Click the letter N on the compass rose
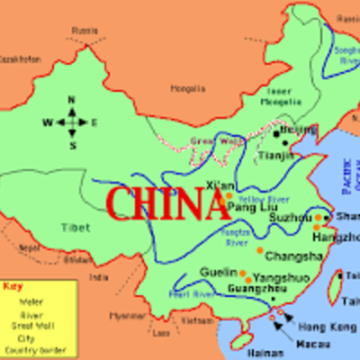[72, 101]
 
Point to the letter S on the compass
[73, 144]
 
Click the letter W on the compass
[48, 122]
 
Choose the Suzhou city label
[290, 217]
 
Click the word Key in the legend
[13, 287]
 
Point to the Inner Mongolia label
[284, 96]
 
